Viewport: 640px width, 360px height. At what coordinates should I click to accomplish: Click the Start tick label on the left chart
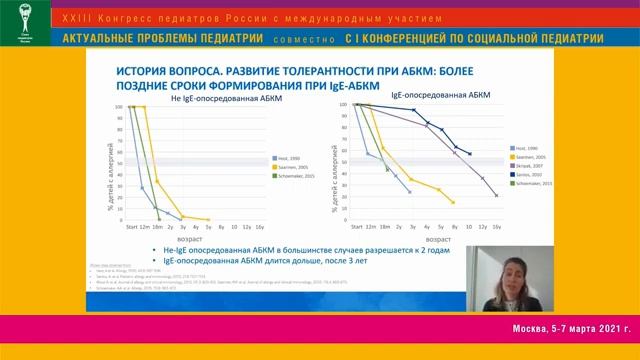131,228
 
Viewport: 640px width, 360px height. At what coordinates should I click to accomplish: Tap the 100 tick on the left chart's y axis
118,106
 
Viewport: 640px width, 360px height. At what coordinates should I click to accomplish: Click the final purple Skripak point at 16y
497,195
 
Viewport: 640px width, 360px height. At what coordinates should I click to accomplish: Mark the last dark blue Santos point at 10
470,154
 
